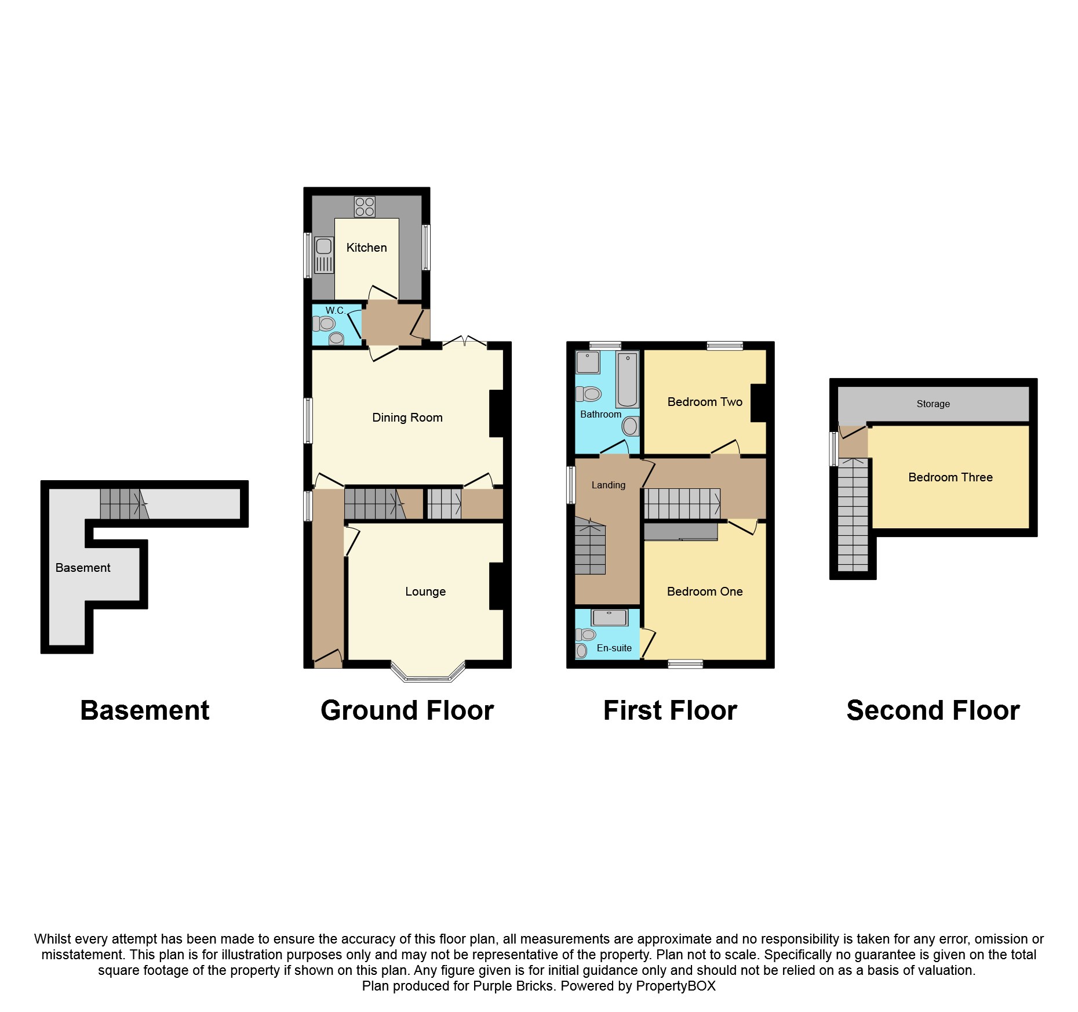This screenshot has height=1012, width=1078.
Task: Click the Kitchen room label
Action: [366, 248]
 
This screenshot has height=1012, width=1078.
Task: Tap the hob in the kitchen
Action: [365, 206]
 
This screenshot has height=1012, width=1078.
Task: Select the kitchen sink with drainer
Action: [324, 255]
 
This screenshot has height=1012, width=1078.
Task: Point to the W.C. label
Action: [335, 310]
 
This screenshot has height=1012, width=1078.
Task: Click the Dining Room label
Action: [407, 418]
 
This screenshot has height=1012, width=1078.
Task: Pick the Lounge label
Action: [425, 592]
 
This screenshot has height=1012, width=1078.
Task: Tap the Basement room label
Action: [83, 568]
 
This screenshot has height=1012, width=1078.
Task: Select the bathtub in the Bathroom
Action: [627, 379]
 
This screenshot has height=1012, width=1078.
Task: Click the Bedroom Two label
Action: [705, 402]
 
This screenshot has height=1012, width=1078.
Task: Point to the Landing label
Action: [608, 485]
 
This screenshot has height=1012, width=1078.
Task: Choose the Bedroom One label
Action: [705, 592]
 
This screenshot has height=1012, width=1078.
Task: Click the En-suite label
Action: [614, 648]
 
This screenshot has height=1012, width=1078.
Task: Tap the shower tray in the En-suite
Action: [609, 617]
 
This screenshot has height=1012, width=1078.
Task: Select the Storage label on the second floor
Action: [933, 404]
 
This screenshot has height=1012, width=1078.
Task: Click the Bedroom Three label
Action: [950, 477]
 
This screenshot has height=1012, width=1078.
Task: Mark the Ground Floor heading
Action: [407, 710]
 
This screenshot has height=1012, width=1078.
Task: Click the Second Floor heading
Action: [933, 710]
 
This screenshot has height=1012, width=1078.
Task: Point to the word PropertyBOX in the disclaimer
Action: [675, 986]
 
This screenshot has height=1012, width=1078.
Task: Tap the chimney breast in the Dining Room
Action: [497, 413]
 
